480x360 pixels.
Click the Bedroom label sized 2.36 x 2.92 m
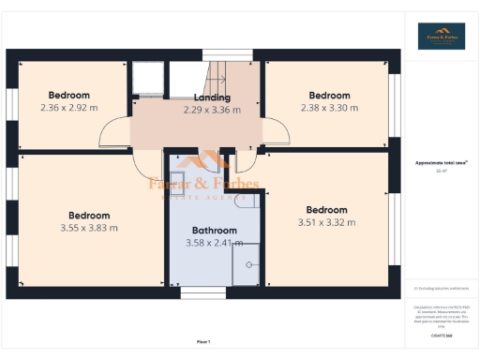69,95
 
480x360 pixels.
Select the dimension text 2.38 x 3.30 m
329,108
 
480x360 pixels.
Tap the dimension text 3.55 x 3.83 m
89,228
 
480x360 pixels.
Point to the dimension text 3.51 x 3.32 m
326,222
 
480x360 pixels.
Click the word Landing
212,97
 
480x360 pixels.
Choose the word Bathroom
214,230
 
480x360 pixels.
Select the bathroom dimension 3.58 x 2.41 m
214,243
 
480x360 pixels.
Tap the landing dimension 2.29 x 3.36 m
212,110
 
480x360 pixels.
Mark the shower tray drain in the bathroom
249,265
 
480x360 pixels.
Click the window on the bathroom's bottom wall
203,293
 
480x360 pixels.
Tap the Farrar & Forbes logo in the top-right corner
441,36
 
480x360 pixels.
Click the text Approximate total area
441,163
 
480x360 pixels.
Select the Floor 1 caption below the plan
203,341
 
